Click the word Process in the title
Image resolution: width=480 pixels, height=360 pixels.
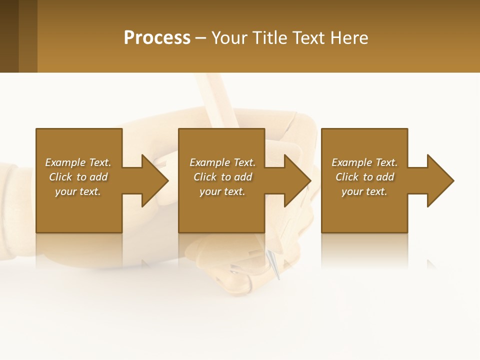[157, 38]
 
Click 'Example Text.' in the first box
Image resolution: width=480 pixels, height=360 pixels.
[78, 162]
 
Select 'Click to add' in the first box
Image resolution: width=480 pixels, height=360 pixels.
[78, 177]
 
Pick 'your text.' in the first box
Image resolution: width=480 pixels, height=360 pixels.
[78, 191]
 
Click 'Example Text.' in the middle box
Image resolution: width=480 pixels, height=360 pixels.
[222, 162]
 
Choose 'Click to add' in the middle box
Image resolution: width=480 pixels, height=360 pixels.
[222, 177]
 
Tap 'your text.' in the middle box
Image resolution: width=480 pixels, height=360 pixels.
[222, 191]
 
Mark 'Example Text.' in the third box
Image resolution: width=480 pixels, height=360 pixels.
[364, 162]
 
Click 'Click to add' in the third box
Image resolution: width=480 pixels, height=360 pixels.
[364, 177]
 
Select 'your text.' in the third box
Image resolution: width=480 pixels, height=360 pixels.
[364, 191]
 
